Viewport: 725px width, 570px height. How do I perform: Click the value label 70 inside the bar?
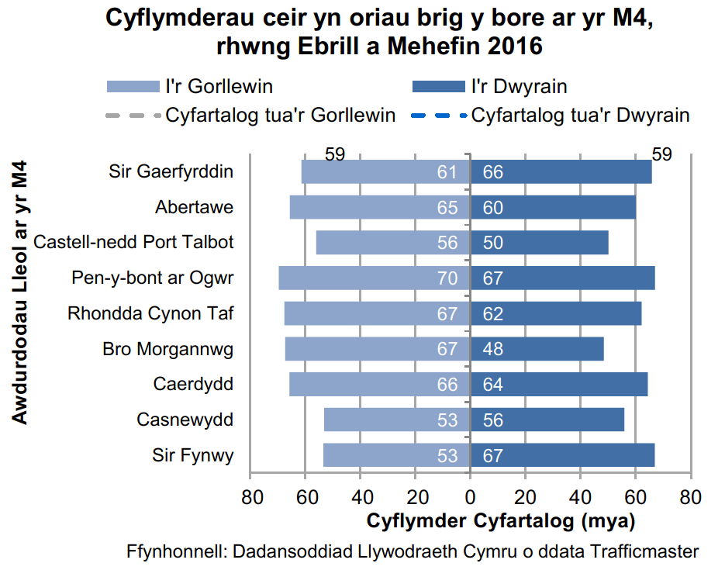[447, 278]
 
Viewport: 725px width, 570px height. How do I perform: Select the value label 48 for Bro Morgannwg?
[493, 349]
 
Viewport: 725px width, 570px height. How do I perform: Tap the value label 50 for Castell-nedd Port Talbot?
[493, 243]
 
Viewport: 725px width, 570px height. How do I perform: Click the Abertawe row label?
[194, 207]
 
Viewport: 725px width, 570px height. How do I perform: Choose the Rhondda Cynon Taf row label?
[150, 313]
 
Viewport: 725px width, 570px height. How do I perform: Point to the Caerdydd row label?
[193, 384]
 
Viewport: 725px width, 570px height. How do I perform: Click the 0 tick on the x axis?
[470, 497]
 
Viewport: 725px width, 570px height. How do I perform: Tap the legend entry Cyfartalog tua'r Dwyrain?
[580, 116]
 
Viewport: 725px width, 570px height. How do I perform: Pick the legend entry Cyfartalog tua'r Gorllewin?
[280, 116]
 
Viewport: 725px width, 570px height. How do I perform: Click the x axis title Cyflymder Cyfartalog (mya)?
[500, 520]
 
